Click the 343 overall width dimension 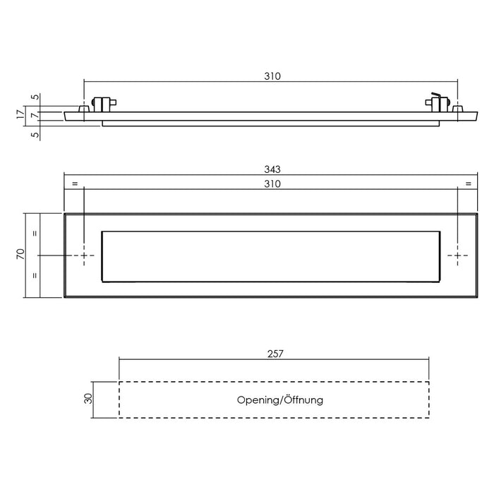coord(272,169)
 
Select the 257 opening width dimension coord(275,355)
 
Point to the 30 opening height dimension coord(88,399)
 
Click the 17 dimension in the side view coord(21,112)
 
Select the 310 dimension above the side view coord(273,77)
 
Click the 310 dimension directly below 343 coord(272,184)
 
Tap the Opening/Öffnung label coord(280,400)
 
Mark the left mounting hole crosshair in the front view coord(85,255)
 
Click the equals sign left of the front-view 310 coord(73,184)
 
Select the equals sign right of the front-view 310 coord(468,184)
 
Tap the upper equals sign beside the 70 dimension coord(33,232)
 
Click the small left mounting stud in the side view coord(84,109)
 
